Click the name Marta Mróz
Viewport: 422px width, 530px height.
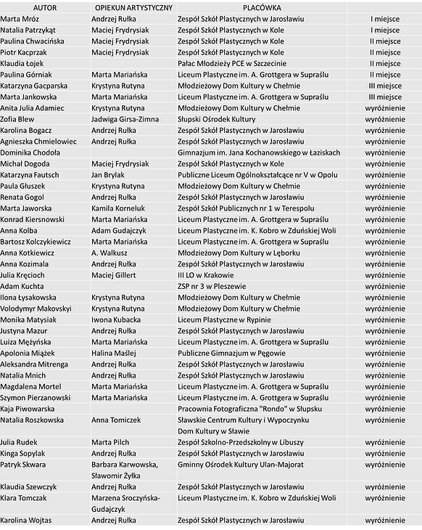pyautogui.click(x=21, y=20)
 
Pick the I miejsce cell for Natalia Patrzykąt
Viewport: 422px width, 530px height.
pyautogui.click(x=386, y=30)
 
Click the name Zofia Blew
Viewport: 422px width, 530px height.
pyautogui.click(x=18, y=118)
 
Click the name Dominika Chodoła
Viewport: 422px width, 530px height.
pyautogui.click(x=30, y=153)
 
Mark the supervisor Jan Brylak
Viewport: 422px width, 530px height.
pyautogui.click(x=109, y=175)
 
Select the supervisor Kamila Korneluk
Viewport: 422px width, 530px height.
pyautogui.click(x=120, y=208)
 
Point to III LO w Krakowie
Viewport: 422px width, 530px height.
pyautogui.click(x=206, y=275)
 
